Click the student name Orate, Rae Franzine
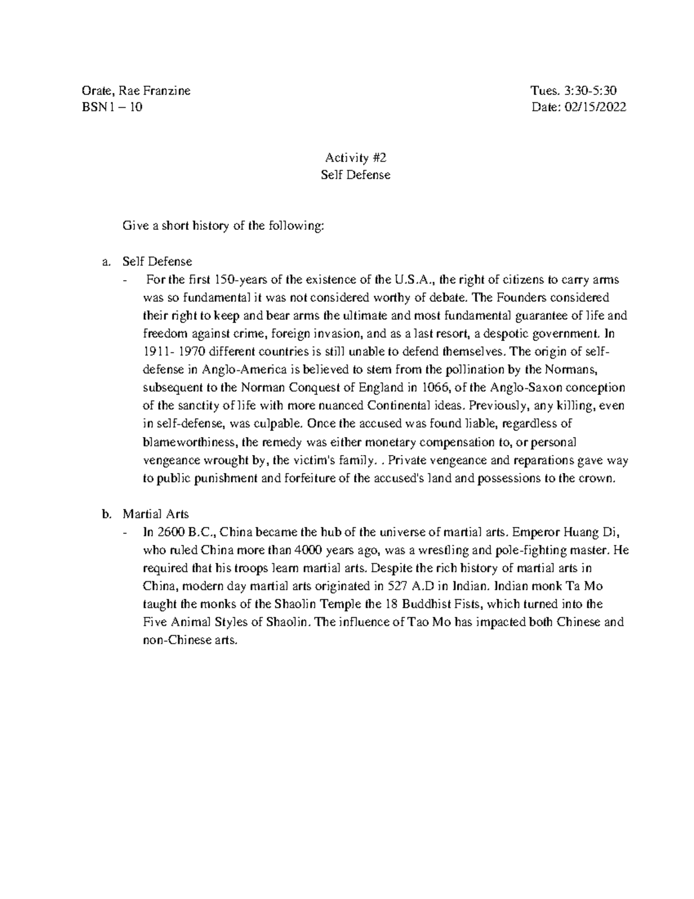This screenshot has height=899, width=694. point(137,91)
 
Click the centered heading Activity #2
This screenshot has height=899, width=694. point(355,157)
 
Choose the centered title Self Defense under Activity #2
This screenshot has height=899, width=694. point(355,174)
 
